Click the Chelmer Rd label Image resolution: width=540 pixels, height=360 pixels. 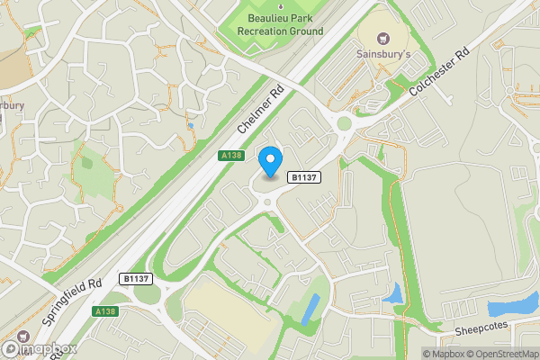(260, 112)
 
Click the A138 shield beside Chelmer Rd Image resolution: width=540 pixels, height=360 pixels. (230, 156)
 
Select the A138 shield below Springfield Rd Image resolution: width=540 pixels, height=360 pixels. (105, 310)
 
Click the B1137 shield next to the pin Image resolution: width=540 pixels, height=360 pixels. (301, 178)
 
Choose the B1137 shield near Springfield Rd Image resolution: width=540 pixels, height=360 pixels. (135, 279)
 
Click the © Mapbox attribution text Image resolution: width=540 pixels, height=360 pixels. (443, 353)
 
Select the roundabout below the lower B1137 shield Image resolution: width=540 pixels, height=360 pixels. (147, 294)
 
